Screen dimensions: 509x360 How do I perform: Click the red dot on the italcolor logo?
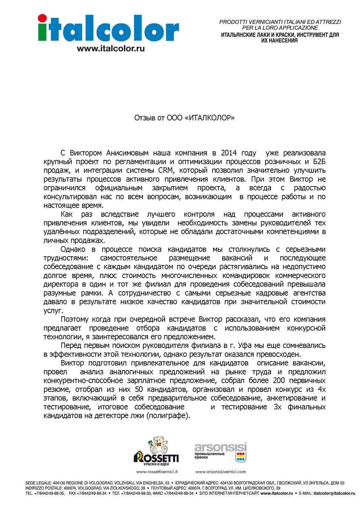[42, 18]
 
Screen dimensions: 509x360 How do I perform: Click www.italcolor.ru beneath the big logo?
[111, 48]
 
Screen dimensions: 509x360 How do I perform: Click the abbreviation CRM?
[166, 170]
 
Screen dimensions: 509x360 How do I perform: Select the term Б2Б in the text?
[319, 161]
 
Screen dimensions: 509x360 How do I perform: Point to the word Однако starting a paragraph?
[73, 249]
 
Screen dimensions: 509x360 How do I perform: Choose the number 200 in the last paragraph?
[279, 380]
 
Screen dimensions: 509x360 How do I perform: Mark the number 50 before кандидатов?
[139, 389]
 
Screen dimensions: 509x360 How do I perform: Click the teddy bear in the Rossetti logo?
[159, 444]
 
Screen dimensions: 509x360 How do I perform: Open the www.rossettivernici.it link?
[157, 472]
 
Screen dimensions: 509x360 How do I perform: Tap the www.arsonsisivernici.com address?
[221, 472]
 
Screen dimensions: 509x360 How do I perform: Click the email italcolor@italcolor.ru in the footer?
[334, 493]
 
